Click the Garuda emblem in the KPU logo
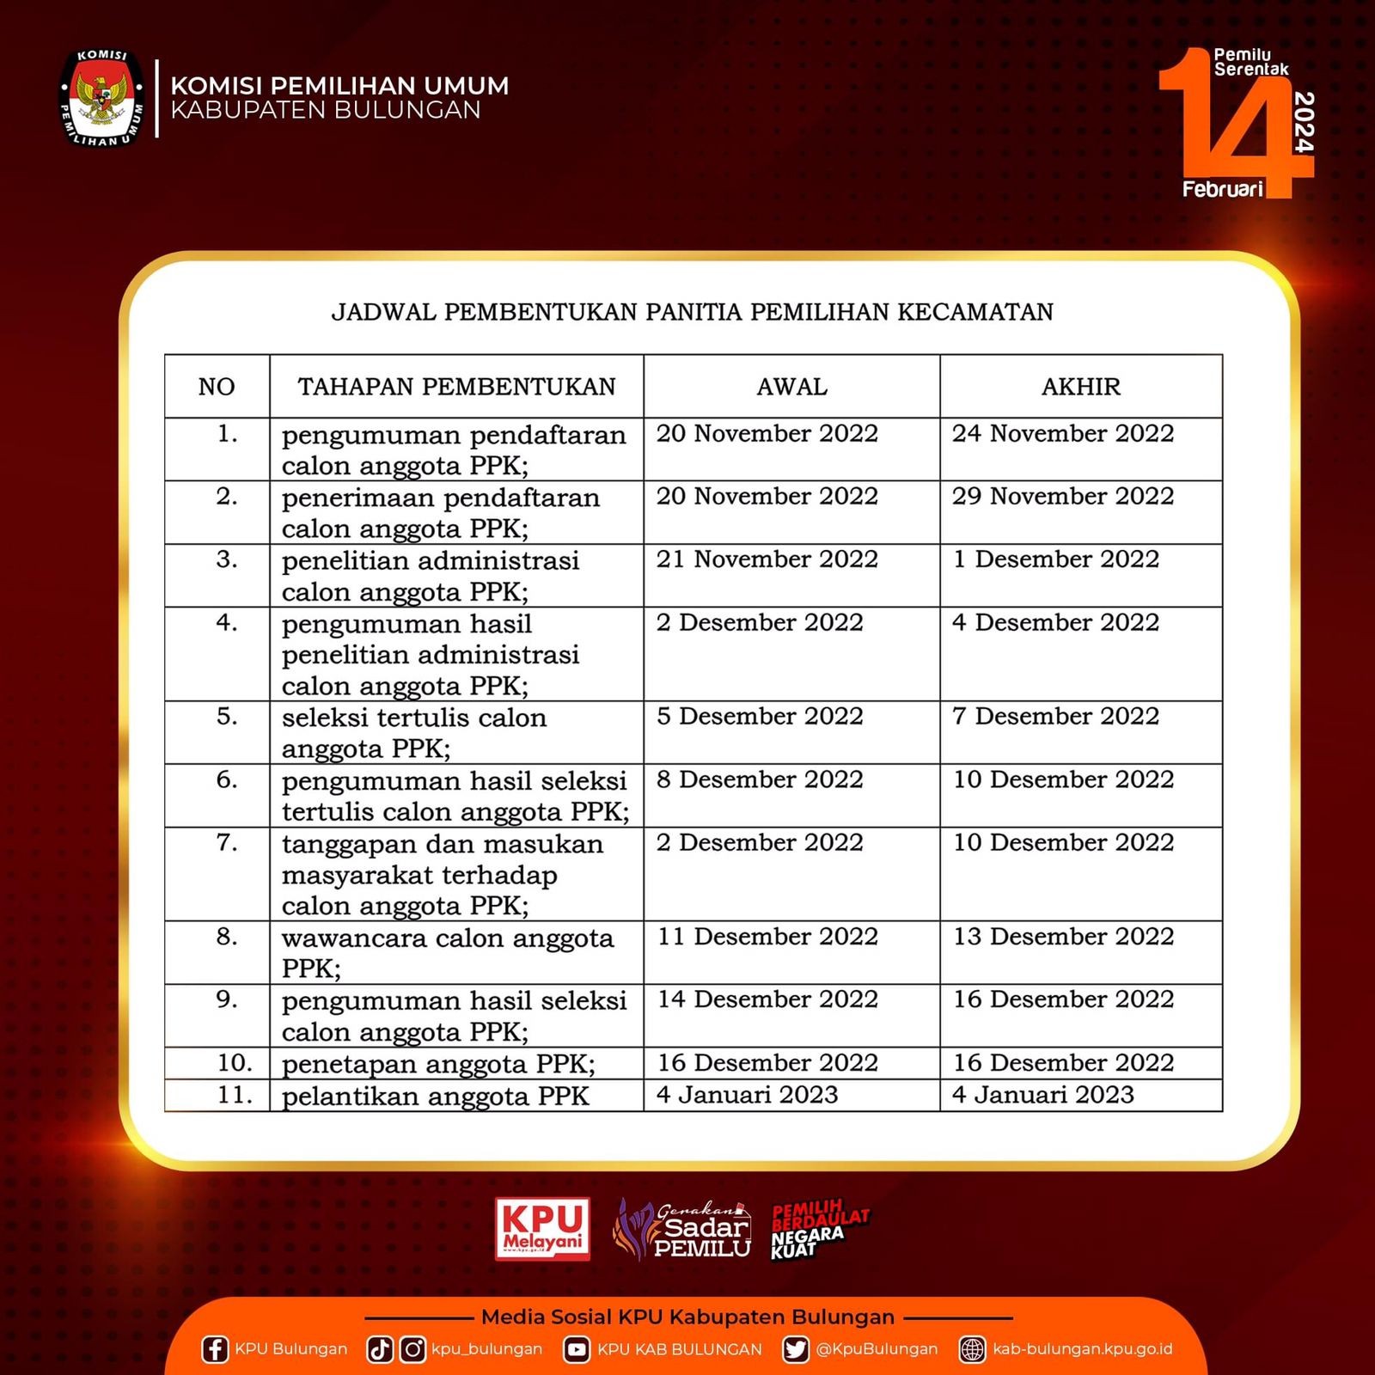coord(101,97)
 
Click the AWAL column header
coord(791,387)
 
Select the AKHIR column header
coord(1080,387)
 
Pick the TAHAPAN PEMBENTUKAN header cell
coord(456,387)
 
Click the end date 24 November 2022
coord(1062,433)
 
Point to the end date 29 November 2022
coord(1062,496)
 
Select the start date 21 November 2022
coord(767,559)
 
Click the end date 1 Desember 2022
coord(1055,559)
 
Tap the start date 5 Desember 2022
coord(760,716)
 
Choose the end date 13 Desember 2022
coord(1063,936)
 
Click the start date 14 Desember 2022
coord(767,999)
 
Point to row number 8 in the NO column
coord(226,936)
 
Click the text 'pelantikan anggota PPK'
coord(435,1096)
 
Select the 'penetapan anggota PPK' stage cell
coord(438,1064)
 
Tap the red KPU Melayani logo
coord(542,1229)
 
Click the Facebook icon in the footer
coord(214,1349)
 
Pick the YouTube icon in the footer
coord(577,1349)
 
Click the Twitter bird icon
coord(796,1349)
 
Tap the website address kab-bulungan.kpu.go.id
coord(1082,1349)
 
